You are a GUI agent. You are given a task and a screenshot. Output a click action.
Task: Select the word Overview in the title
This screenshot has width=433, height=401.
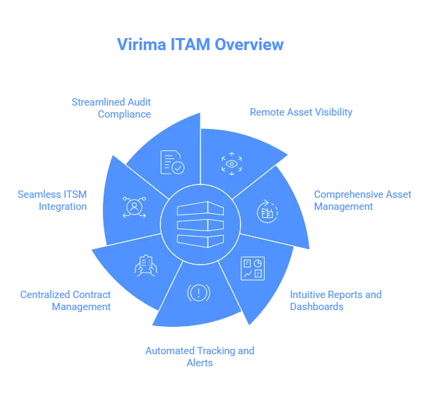click(x=249, y=45)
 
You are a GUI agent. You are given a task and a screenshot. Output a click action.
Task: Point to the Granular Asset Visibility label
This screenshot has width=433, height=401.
click(x=300, y=112)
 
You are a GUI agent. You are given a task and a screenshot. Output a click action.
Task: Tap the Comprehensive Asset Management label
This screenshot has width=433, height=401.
click(x=361, y=200)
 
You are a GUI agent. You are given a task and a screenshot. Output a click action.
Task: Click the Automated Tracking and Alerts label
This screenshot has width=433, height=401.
click(x=200, y=356)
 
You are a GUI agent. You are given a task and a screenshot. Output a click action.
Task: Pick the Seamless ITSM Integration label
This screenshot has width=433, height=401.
click(x=53, y=200)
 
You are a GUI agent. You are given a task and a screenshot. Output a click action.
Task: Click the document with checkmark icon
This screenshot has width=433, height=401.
click(x=172, y=162)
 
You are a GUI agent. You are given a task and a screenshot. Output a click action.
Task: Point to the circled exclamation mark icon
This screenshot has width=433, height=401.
click(x=198, y=292)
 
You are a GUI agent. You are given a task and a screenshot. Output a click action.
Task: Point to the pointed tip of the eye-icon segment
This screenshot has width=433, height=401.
click(x=288, y=157)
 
